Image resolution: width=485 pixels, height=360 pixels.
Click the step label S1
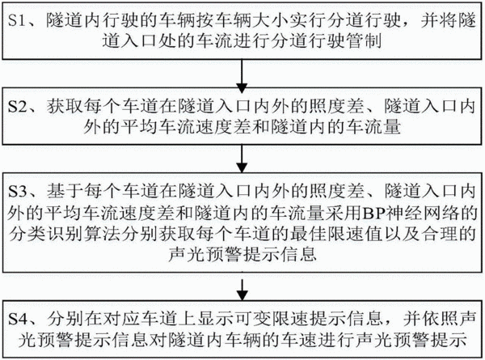pos(16,21)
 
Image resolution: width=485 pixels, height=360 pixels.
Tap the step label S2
pos(17,107)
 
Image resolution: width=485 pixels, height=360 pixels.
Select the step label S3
pos(17,192)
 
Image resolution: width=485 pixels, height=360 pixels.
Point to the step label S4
pos(17,319)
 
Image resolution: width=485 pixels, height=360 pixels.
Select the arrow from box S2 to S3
pos(242,159)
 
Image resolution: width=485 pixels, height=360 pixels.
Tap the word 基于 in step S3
pos(65,192)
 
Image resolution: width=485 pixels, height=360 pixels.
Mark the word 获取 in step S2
pos(65,107)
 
